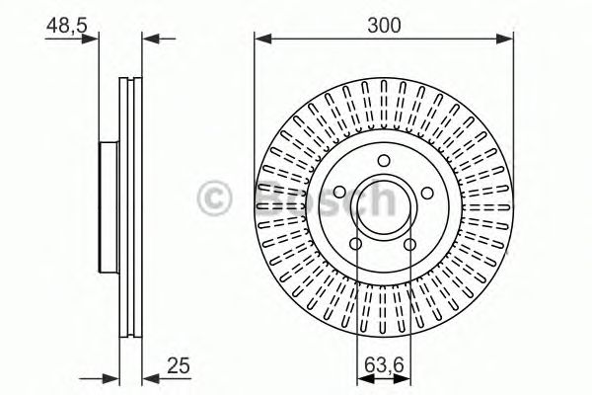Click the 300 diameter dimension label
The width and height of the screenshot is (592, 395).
384,26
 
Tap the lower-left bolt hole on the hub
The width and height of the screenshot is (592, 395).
356,244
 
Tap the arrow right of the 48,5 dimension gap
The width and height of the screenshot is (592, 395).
150,39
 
